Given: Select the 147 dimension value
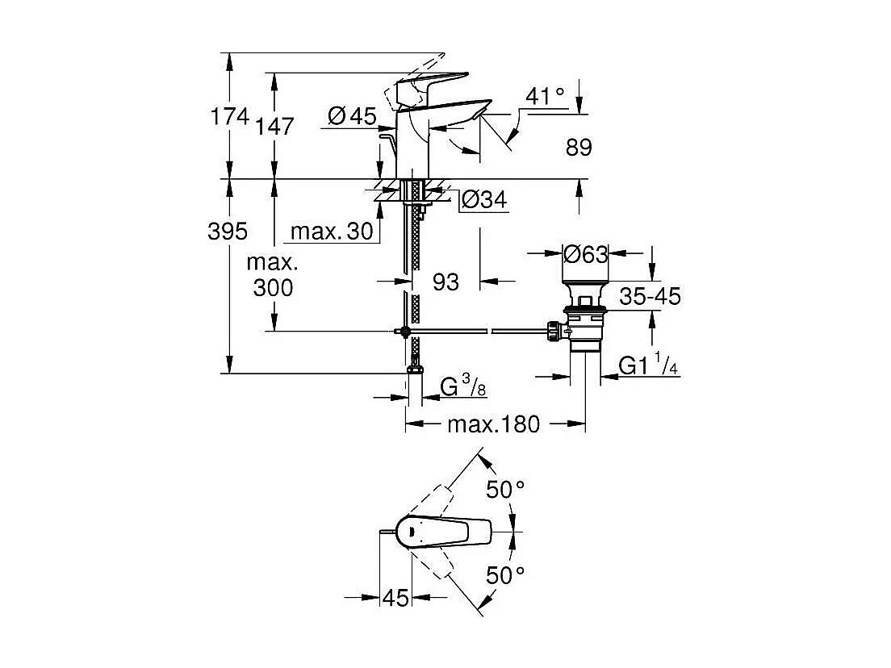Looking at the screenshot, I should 274,127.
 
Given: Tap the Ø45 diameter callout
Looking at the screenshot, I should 353,116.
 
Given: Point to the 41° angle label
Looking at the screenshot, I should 546,97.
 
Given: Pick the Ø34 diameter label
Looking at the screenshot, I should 484,199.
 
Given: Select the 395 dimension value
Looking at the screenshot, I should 228,232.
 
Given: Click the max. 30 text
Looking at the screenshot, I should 332,232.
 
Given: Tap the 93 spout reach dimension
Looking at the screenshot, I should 445,282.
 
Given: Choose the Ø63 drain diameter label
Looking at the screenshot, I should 585,254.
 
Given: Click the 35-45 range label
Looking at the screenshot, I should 650,297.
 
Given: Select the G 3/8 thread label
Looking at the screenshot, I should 463,387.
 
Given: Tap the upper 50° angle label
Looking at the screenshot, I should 505,489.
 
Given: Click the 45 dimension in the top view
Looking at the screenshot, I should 395,598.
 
